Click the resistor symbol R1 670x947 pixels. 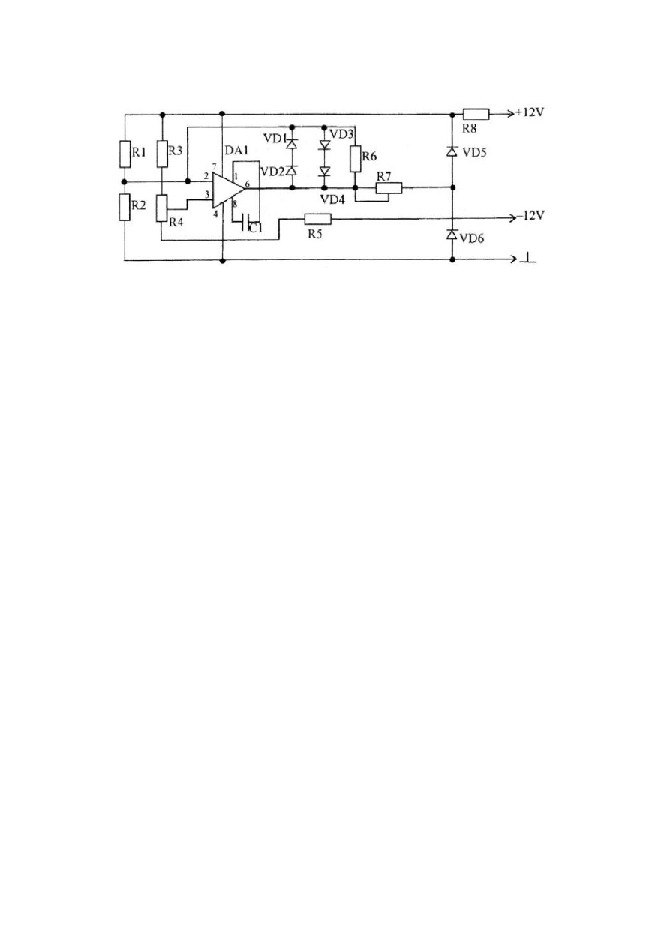[x=125, y=154]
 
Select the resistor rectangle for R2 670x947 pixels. [x=125, y=207]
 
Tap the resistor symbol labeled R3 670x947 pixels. [x=162, y=154]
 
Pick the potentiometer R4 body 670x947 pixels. [x=162, y=208]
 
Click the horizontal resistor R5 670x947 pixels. [x=317, y=219]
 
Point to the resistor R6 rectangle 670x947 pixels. [x=356, y=159]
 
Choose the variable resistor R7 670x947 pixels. [x=389, y=188]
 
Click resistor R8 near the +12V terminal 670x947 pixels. [x=476, y=114]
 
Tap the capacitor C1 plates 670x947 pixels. [x=245, y=220]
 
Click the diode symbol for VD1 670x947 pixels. [x=291, y=144]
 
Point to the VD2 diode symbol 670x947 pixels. [x=291, y=171]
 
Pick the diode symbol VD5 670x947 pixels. [x=452, y=151]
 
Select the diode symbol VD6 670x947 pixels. [x=452, y=235]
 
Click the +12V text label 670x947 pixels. [x=530, y=113]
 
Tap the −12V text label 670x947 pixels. [x=530, y=216]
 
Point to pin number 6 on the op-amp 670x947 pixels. [x=247, y=184]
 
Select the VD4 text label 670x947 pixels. [x=332, y=199]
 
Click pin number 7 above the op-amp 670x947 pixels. [x=214, y=166]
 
